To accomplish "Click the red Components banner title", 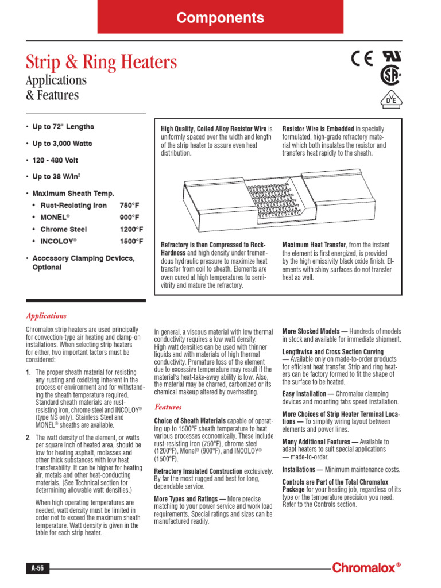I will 220,18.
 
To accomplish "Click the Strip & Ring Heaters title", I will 102,62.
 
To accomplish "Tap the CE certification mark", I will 362,59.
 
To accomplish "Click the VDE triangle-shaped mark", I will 390,99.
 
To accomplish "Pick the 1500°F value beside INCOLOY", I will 131,242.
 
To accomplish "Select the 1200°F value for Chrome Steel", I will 131,230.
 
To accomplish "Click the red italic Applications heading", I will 46,316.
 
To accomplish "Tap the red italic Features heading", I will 168,407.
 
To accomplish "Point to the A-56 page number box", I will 37,568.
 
